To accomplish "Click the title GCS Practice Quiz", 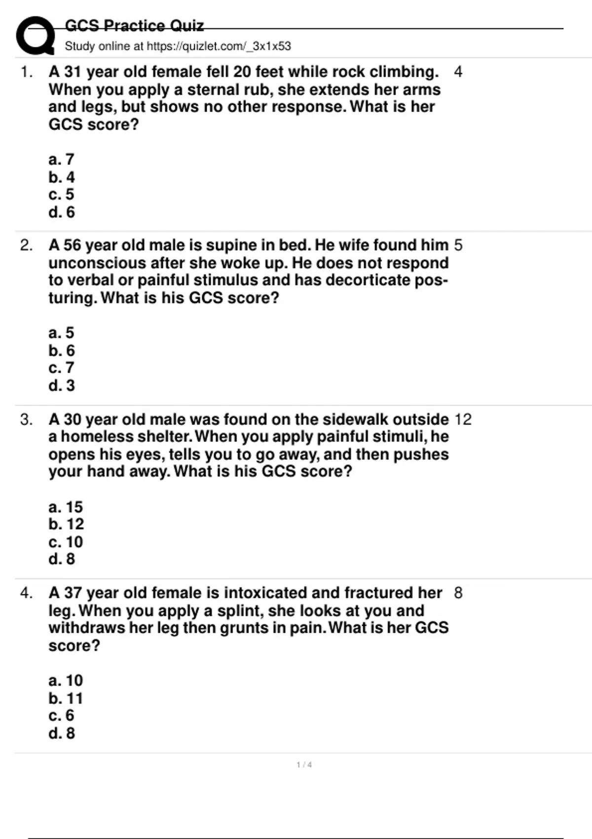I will tap(134, 25).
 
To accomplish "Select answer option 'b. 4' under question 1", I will tap(62, 177).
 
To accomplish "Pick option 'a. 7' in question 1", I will tap(61, 159).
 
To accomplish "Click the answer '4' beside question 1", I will tap(458, 72).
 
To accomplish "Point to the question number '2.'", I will tap(26, 245).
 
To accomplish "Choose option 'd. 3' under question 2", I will tap(62, 385).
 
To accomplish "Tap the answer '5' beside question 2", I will tap(458, 245).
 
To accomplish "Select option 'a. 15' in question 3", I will tap(66, 507).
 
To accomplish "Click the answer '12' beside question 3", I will tap(463, 419).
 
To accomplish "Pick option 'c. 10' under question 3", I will tap(66, 542).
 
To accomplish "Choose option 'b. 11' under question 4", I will tap(66, 698).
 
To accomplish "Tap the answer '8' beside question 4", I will tap(458, 593).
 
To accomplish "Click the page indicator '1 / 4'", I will tap(304, 765).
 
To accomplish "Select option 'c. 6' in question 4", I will tap(61, 716).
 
